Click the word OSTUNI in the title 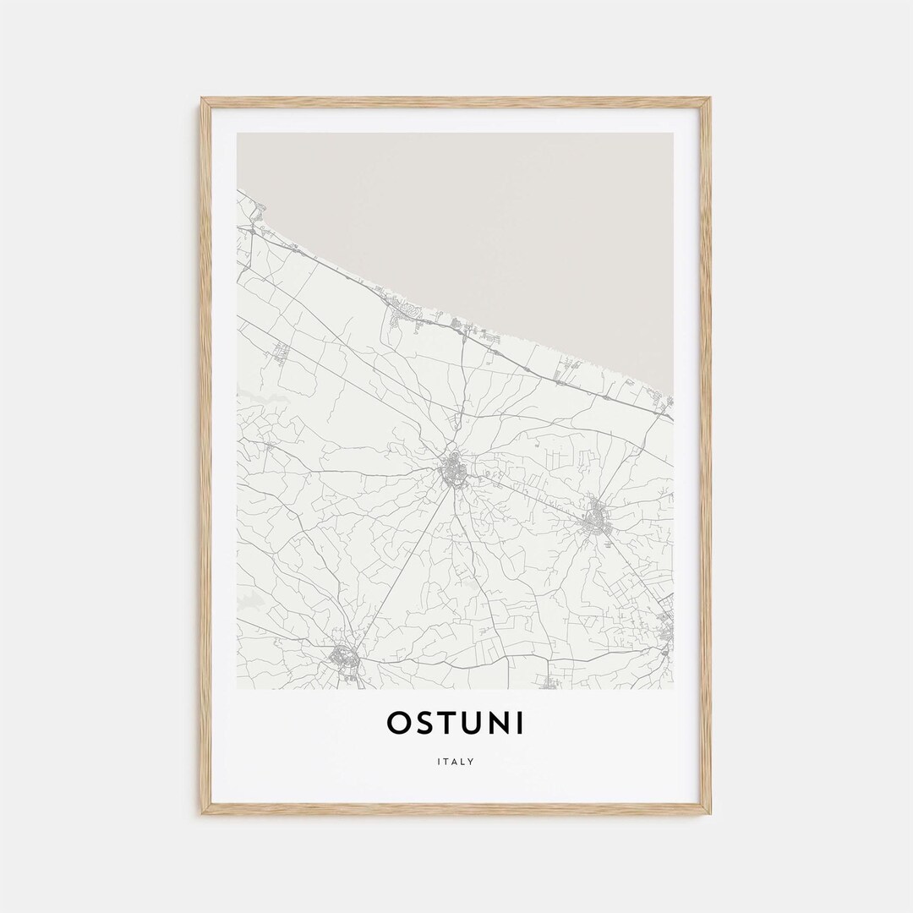pos(456,724)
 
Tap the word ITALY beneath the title pos(456,762)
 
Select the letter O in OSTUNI pos(398,724)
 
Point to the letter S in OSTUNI pos(424,724)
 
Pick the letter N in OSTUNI pos(498,724)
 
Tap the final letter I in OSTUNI pos(519,724)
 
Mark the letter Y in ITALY pos(472,762)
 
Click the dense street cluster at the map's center pos(454,470)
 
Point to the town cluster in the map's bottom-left pos(345,656)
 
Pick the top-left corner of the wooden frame pos(204,100)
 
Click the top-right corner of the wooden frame pos(708,100)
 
